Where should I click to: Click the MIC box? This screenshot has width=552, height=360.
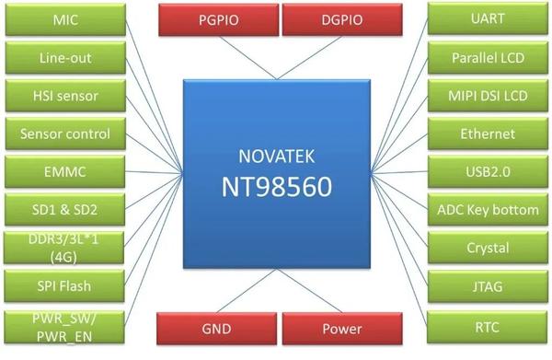tap(65, 19)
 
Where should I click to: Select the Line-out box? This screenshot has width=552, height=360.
tap(65, 58)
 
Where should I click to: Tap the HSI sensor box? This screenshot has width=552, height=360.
tap(65, 96)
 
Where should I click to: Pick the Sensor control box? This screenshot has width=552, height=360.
tap(65, 134)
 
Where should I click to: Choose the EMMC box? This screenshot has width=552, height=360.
tap(65, 171)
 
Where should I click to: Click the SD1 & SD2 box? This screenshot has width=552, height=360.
tap(65, 209)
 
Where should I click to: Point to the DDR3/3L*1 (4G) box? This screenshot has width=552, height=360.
tap(65, 247)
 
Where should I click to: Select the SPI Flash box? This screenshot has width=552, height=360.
tap(65, 285)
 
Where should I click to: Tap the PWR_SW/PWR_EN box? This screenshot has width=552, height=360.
tap(65, 327)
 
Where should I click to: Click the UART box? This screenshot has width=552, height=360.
tap(487, 19)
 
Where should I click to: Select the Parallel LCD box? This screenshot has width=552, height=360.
tap(487, 58)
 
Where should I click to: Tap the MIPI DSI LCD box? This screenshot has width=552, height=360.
tap(487, 96)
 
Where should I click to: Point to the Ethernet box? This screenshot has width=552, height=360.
tap(487, 134)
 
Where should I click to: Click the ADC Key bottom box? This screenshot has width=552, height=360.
tap(487, 210)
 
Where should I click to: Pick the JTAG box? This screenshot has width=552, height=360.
tap(487, 286)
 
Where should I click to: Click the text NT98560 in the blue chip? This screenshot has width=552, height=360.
tap(276, 187)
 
